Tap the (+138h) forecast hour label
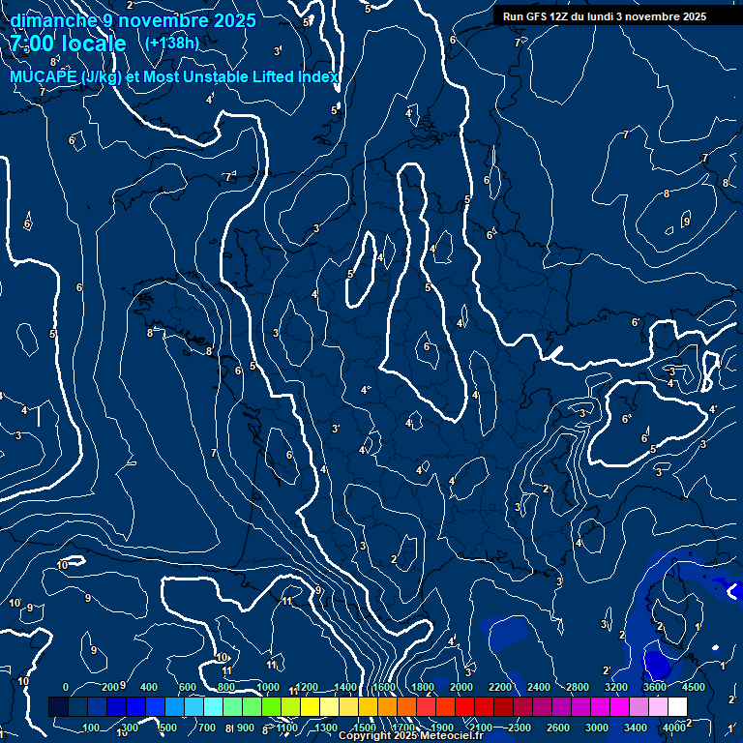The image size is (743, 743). [171, 43]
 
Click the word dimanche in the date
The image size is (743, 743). [53, 20]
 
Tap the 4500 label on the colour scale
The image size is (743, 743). [694, 687]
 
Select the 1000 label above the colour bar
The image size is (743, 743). [268, 687]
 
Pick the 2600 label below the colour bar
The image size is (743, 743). [558, 728]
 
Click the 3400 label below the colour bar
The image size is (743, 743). [636, 728]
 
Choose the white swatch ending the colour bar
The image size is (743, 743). [677, 707]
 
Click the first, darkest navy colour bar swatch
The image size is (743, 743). [58, 707]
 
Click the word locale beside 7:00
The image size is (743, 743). [95, 44]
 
